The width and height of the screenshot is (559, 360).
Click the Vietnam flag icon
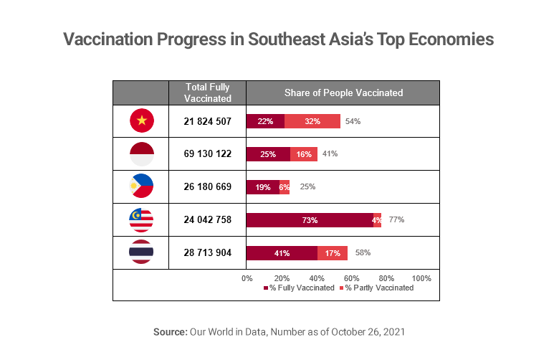tap(141, 121)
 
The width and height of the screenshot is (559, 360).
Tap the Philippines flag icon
tap(141, 186)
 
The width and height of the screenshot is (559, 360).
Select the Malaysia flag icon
tap(141, 219)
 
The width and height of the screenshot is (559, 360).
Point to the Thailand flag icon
tap(141, 252)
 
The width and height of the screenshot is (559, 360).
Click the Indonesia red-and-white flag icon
tap(141, 154)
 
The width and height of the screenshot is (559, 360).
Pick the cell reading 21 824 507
tap(207, 121)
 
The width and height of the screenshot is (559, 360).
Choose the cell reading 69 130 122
tap(207, 154)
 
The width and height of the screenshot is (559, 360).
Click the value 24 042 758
tap(207, 220)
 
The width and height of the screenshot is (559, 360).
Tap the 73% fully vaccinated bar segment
tap(310, 220)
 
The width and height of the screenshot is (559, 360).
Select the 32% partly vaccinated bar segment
tap(312, 121)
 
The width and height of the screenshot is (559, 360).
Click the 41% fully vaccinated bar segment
tap(282, 253)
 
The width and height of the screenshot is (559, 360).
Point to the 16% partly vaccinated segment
tap(304, 154)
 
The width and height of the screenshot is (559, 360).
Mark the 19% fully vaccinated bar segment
tap(263, 187)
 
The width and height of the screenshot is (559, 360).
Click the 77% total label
tap(396, 220)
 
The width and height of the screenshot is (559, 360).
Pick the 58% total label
tap(362, 253)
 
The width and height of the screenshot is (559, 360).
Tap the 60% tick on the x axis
tap(351, 278)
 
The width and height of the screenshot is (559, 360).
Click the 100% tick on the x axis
tap(421, 278)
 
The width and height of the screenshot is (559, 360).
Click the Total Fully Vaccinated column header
tap(207, 93)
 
